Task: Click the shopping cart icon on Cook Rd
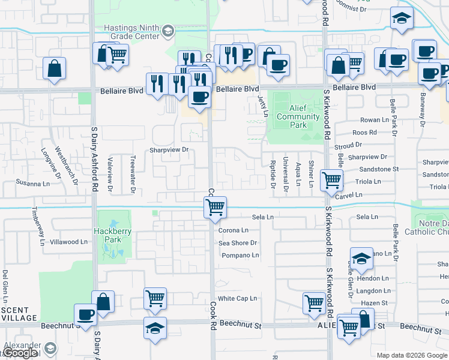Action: (x=215, y=208)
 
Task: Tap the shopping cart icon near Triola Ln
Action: (x=331, y=179)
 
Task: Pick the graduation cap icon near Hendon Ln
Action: (x=361, y=258)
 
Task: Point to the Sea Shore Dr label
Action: (x=238, y=243)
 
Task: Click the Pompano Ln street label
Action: (x=240, y=255)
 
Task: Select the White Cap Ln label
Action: (x=237, y=298)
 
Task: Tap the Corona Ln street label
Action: (x=233, y=230)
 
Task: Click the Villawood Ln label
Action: (x=68, y=242)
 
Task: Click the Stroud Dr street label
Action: (x=348, y=145)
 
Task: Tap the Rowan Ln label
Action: (x=370, y=120)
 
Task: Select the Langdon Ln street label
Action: (x=373, y=290)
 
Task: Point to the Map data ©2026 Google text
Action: (x=412, y=355)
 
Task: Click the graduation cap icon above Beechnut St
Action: (x=155, y=328)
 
